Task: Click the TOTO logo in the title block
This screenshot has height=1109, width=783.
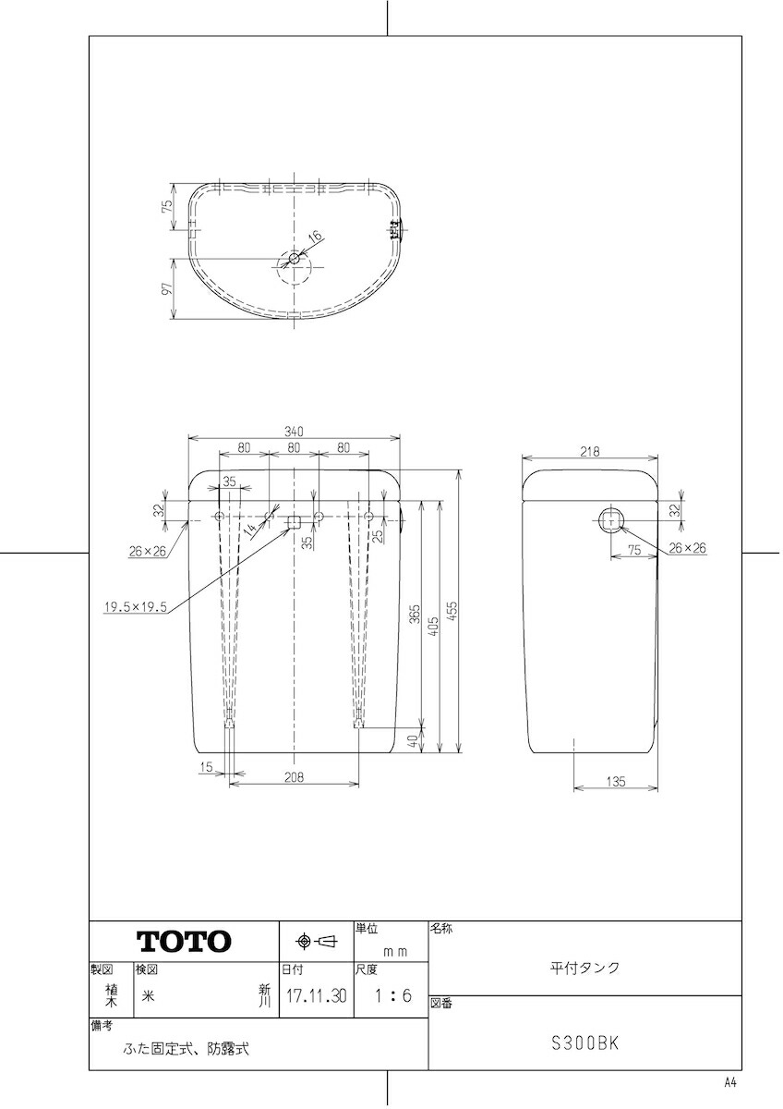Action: (x=184, y=942)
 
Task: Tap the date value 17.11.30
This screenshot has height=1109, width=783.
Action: (x=316, y=996)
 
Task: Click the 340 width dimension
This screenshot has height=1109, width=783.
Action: (x=294, y=432)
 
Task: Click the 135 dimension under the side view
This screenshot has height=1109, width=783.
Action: (x=616, y=782)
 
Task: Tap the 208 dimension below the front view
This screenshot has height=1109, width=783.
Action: (x=294, y=777)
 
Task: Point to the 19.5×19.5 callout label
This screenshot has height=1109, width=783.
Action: (x=135, y=607)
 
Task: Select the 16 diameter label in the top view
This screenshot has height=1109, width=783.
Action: (x=315, y=238)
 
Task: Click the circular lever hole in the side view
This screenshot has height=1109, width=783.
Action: (x=610, y=520)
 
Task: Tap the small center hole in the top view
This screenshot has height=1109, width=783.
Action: (x=294, y=260)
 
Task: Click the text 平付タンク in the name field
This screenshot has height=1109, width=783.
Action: (x=584, y=969)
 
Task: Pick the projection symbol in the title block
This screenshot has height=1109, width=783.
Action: (x=316, y=942)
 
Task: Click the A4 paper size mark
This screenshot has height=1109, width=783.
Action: (x=729, y=1082)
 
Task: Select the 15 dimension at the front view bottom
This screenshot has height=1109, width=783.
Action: (x=205, y=767)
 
